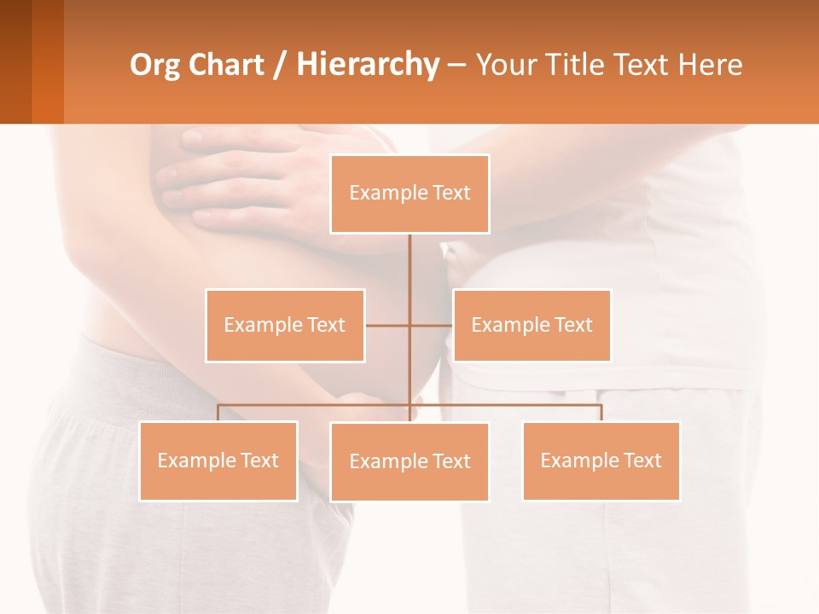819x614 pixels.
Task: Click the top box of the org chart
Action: pos(409,194)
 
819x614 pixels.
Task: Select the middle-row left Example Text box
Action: pos(285,325)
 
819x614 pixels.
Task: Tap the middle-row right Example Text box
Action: pos(531,325)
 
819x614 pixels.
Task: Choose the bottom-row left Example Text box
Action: pos(218,460)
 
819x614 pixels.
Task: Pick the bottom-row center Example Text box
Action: pos(409,461)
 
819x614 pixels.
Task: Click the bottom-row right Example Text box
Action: pos(601,460)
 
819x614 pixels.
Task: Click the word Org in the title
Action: pos(154,65)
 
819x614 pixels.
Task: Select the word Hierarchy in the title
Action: pos(367,65)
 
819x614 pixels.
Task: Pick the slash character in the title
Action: pos(281,65)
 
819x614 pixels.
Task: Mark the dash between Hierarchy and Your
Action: pos(456,65)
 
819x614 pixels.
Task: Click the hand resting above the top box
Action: pos(247,175)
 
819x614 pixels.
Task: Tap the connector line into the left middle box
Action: pos(386,325)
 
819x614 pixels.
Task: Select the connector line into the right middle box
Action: pos(432,325)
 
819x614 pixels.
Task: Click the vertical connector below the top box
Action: pos(409,273)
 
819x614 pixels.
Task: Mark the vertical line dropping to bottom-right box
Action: pos(601,413)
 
